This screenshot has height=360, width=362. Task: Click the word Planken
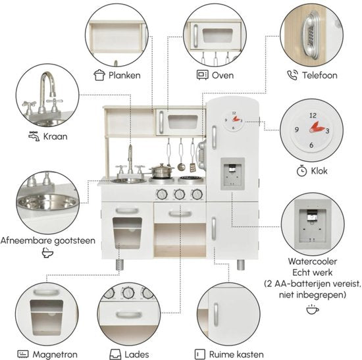coord(124,75)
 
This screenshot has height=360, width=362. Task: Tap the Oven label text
coord(222,75)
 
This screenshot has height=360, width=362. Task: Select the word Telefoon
coord(320,75)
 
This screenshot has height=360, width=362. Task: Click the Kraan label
coord(55,136)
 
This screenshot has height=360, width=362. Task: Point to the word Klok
coord(319,171)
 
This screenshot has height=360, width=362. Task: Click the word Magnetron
coord(55,355)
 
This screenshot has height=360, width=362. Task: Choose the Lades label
coord(137,355)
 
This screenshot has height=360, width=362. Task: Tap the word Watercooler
coord(313,261)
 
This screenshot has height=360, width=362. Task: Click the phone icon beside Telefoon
coord(292,75)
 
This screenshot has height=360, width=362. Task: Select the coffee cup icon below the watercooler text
coord(313,309)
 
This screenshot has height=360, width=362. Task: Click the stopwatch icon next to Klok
coord(301,171)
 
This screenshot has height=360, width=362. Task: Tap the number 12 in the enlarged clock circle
coord(313,115)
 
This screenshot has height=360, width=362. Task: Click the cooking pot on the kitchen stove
coord(161,171)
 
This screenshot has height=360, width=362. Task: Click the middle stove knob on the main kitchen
coord(180,194)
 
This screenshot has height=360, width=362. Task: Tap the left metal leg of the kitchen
coord(120,265)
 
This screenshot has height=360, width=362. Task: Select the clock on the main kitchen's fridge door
coord(234,120)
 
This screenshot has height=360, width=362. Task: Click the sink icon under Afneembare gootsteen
coord(47,253)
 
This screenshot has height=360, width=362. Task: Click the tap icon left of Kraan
coord(34,136)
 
